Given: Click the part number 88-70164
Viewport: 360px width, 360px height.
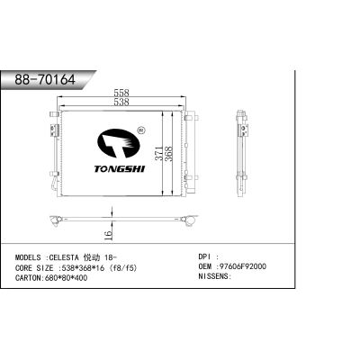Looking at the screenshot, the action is [45, 80].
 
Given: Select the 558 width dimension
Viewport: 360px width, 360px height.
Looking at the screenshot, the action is [121, 93].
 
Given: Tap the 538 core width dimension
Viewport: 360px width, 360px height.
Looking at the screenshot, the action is [121, 102].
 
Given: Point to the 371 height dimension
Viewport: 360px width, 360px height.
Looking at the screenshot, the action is [159, 153].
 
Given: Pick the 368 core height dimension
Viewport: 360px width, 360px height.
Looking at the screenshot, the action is [169, 154].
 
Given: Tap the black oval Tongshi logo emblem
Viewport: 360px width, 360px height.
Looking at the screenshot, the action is [119, 143].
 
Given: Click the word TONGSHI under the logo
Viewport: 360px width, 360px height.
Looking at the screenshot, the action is [120, 169].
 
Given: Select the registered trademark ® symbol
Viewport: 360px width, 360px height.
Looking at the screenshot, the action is [141, 130].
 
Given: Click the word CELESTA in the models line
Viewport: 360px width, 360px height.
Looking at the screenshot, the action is [64, 257].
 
